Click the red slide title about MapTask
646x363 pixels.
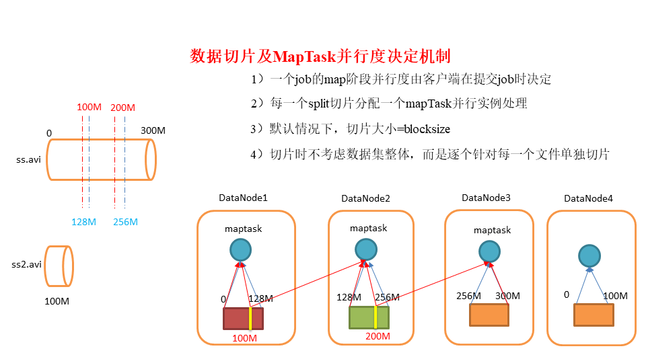click(x=320, y=56)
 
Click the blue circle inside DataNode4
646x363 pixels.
click(x=589, y=255)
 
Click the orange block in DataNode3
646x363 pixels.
click(x=489, y=315)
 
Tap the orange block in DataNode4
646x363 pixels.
click(x=594, y=315)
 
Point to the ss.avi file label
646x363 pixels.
click(x=28, y=160)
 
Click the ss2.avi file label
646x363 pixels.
click(x=27, y=264)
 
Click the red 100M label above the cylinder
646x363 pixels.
click(x=89, y=108)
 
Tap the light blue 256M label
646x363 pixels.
click(x=125, y=222)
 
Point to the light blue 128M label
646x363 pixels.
click(x=85, y=222)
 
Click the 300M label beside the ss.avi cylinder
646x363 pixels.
click(x=153, y=130)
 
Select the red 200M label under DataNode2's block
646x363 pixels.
click(x=378, y=337)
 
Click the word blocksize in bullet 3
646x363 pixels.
click(x=422, y=129)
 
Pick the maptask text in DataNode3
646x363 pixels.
click(x=492, y=230)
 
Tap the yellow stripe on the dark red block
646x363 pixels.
click(x=250, y=318)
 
